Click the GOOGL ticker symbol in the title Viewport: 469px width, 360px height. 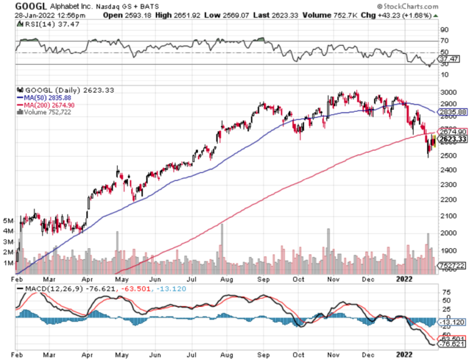tap(31, 6)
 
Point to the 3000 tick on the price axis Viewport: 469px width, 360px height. tap(448, 91)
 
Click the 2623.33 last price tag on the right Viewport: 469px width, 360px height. tap(453, 139)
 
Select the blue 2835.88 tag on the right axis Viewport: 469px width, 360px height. tap(453, 112)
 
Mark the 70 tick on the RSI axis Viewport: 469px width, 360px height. tap(445, 41)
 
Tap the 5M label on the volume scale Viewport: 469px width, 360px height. tap(9, 220)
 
